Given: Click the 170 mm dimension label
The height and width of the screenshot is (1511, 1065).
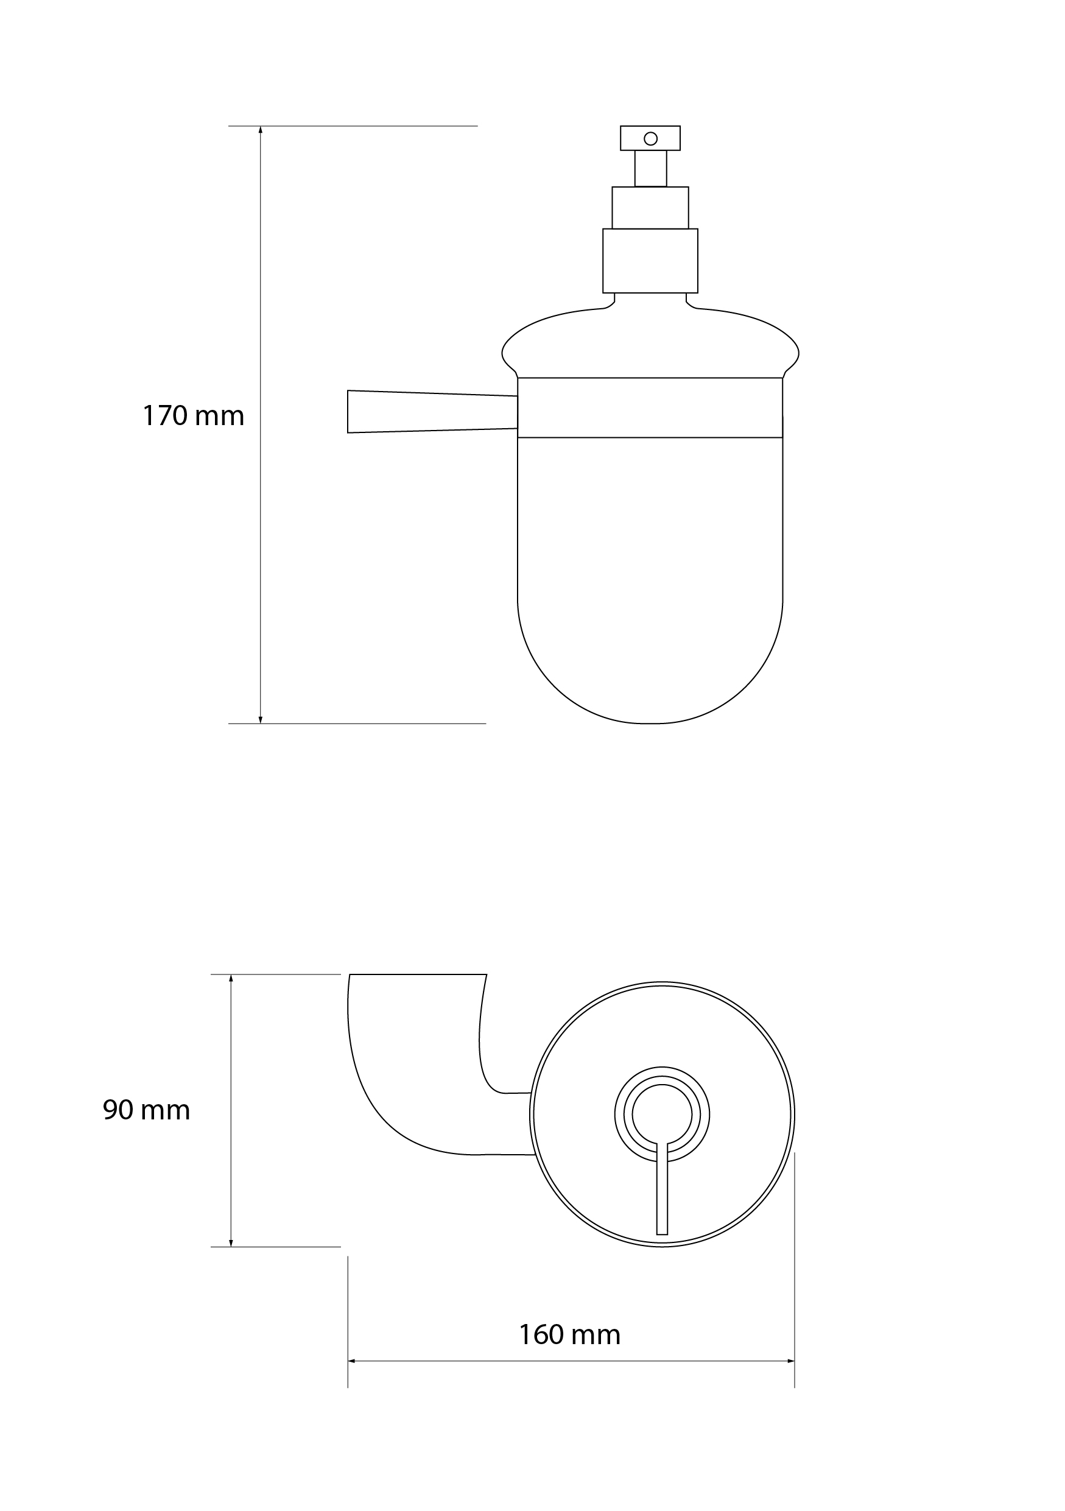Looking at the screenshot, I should (193, 416).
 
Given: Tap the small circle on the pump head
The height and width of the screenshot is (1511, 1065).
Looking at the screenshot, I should (650, 138).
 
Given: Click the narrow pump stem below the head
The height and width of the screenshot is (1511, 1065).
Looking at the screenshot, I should (650, 169).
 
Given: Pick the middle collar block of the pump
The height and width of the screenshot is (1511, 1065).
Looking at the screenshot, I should (650, 208).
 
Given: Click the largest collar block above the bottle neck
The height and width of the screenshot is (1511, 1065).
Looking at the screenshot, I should (650, 261).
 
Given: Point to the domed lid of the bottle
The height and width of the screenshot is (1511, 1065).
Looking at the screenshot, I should (650, 342).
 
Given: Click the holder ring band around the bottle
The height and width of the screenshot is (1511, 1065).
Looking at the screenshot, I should (650, 407).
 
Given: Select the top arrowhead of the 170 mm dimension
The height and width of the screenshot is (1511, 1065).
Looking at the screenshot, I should (261, 130).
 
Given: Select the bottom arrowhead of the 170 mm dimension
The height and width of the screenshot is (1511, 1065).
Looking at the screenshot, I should (261, 719).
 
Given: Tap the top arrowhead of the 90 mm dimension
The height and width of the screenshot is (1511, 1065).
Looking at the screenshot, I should (231, 979).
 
